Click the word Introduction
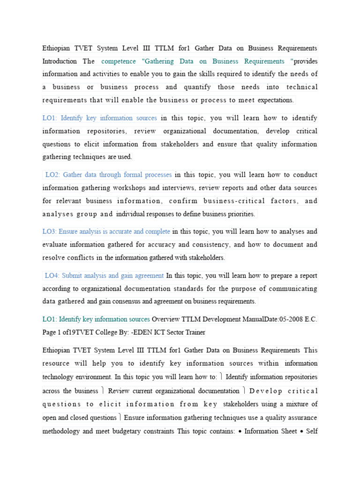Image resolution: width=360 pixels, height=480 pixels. [x=60, y=61]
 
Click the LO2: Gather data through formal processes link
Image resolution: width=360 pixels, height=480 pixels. [x=108, y=175]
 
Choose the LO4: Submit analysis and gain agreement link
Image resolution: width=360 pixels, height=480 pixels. [x=104, y=276]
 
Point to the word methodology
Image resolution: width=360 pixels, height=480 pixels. [x=60, y=431]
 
